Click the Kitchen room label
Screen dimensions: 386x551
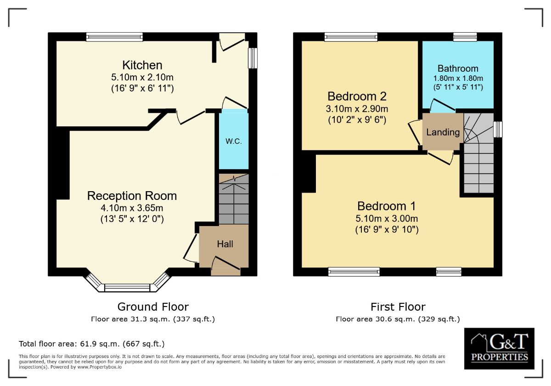point(142,65)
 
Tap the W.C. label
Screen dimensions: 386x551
point(233,141)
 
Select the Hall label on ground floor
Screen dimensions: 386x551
point(225,244)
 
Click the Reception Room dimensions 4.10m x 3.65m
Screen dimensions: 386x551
point(132,208)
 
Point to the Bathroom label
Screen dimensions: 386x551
point(458,68)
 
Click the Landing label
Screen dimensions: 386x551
point(443,132)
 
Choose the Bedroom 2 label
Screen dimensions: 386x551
point(357,96)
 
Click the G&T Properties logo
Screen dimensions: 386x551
point(499,348)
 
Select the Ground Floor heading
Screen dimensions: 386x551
point(153,307)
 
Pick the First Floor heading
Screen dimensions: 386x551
point(398,307)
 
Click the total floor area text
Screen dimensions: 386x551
point(91,344)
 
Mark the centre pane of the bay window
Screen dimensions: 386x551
point(127,288)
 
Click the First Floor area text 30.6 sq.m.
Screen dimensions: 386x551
point(398,319)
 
